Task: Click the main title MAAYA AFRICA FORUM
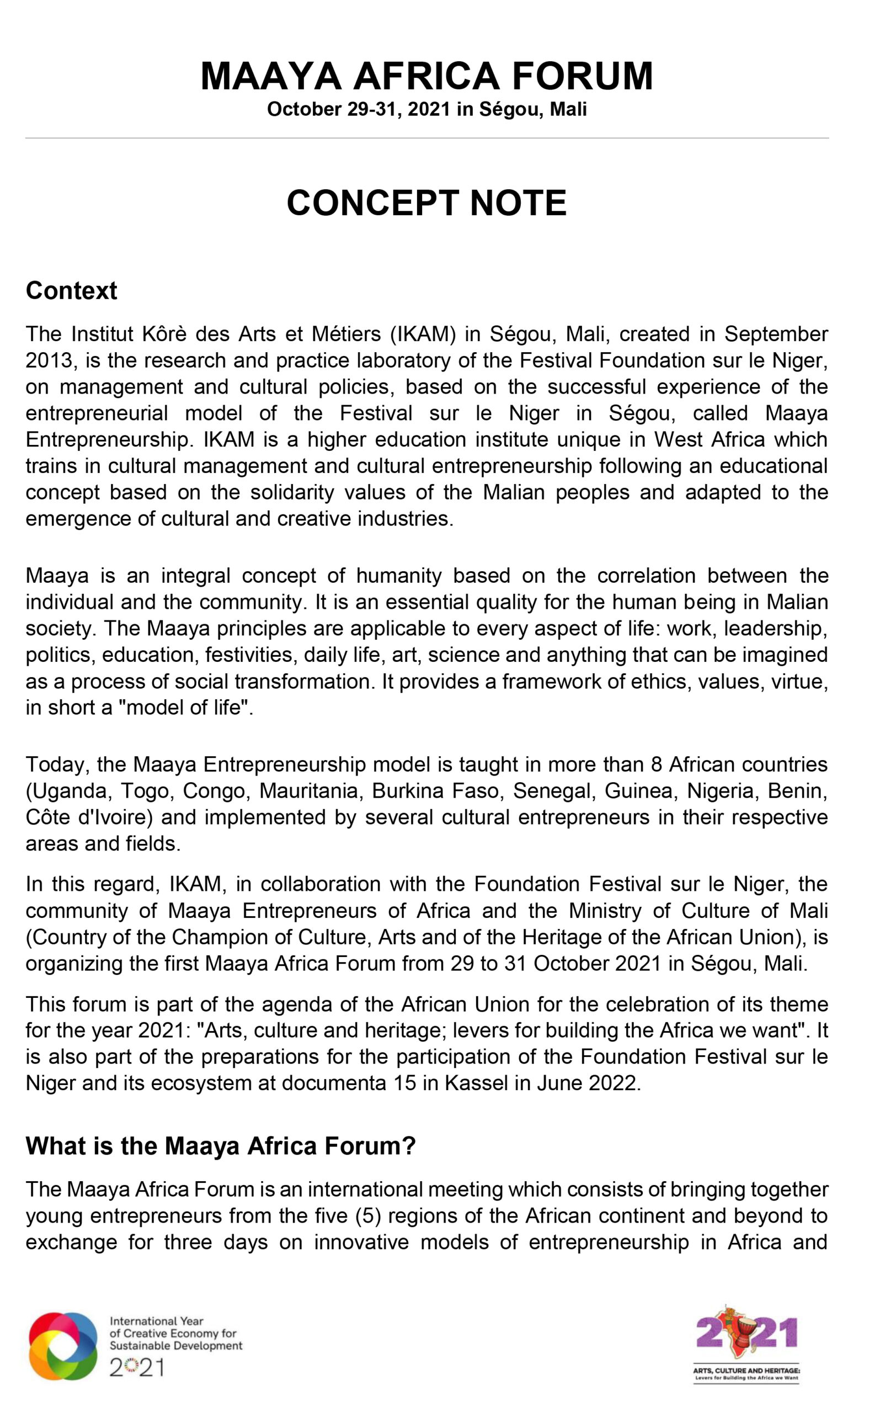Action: click(426, 76)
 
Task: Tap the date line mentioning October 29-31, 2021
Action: click(426, 109)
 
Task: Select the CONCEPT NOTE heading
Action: click(426, 203)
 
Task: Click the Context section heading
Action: click(72, 290)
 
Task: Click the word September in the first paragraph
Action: click(775, 334)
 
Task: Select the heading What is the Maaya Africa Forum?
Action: click(221, 1145)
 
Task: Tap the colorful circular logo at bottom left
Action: click(63, 1346)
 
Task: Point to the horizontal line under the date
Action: click(426, 139)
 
